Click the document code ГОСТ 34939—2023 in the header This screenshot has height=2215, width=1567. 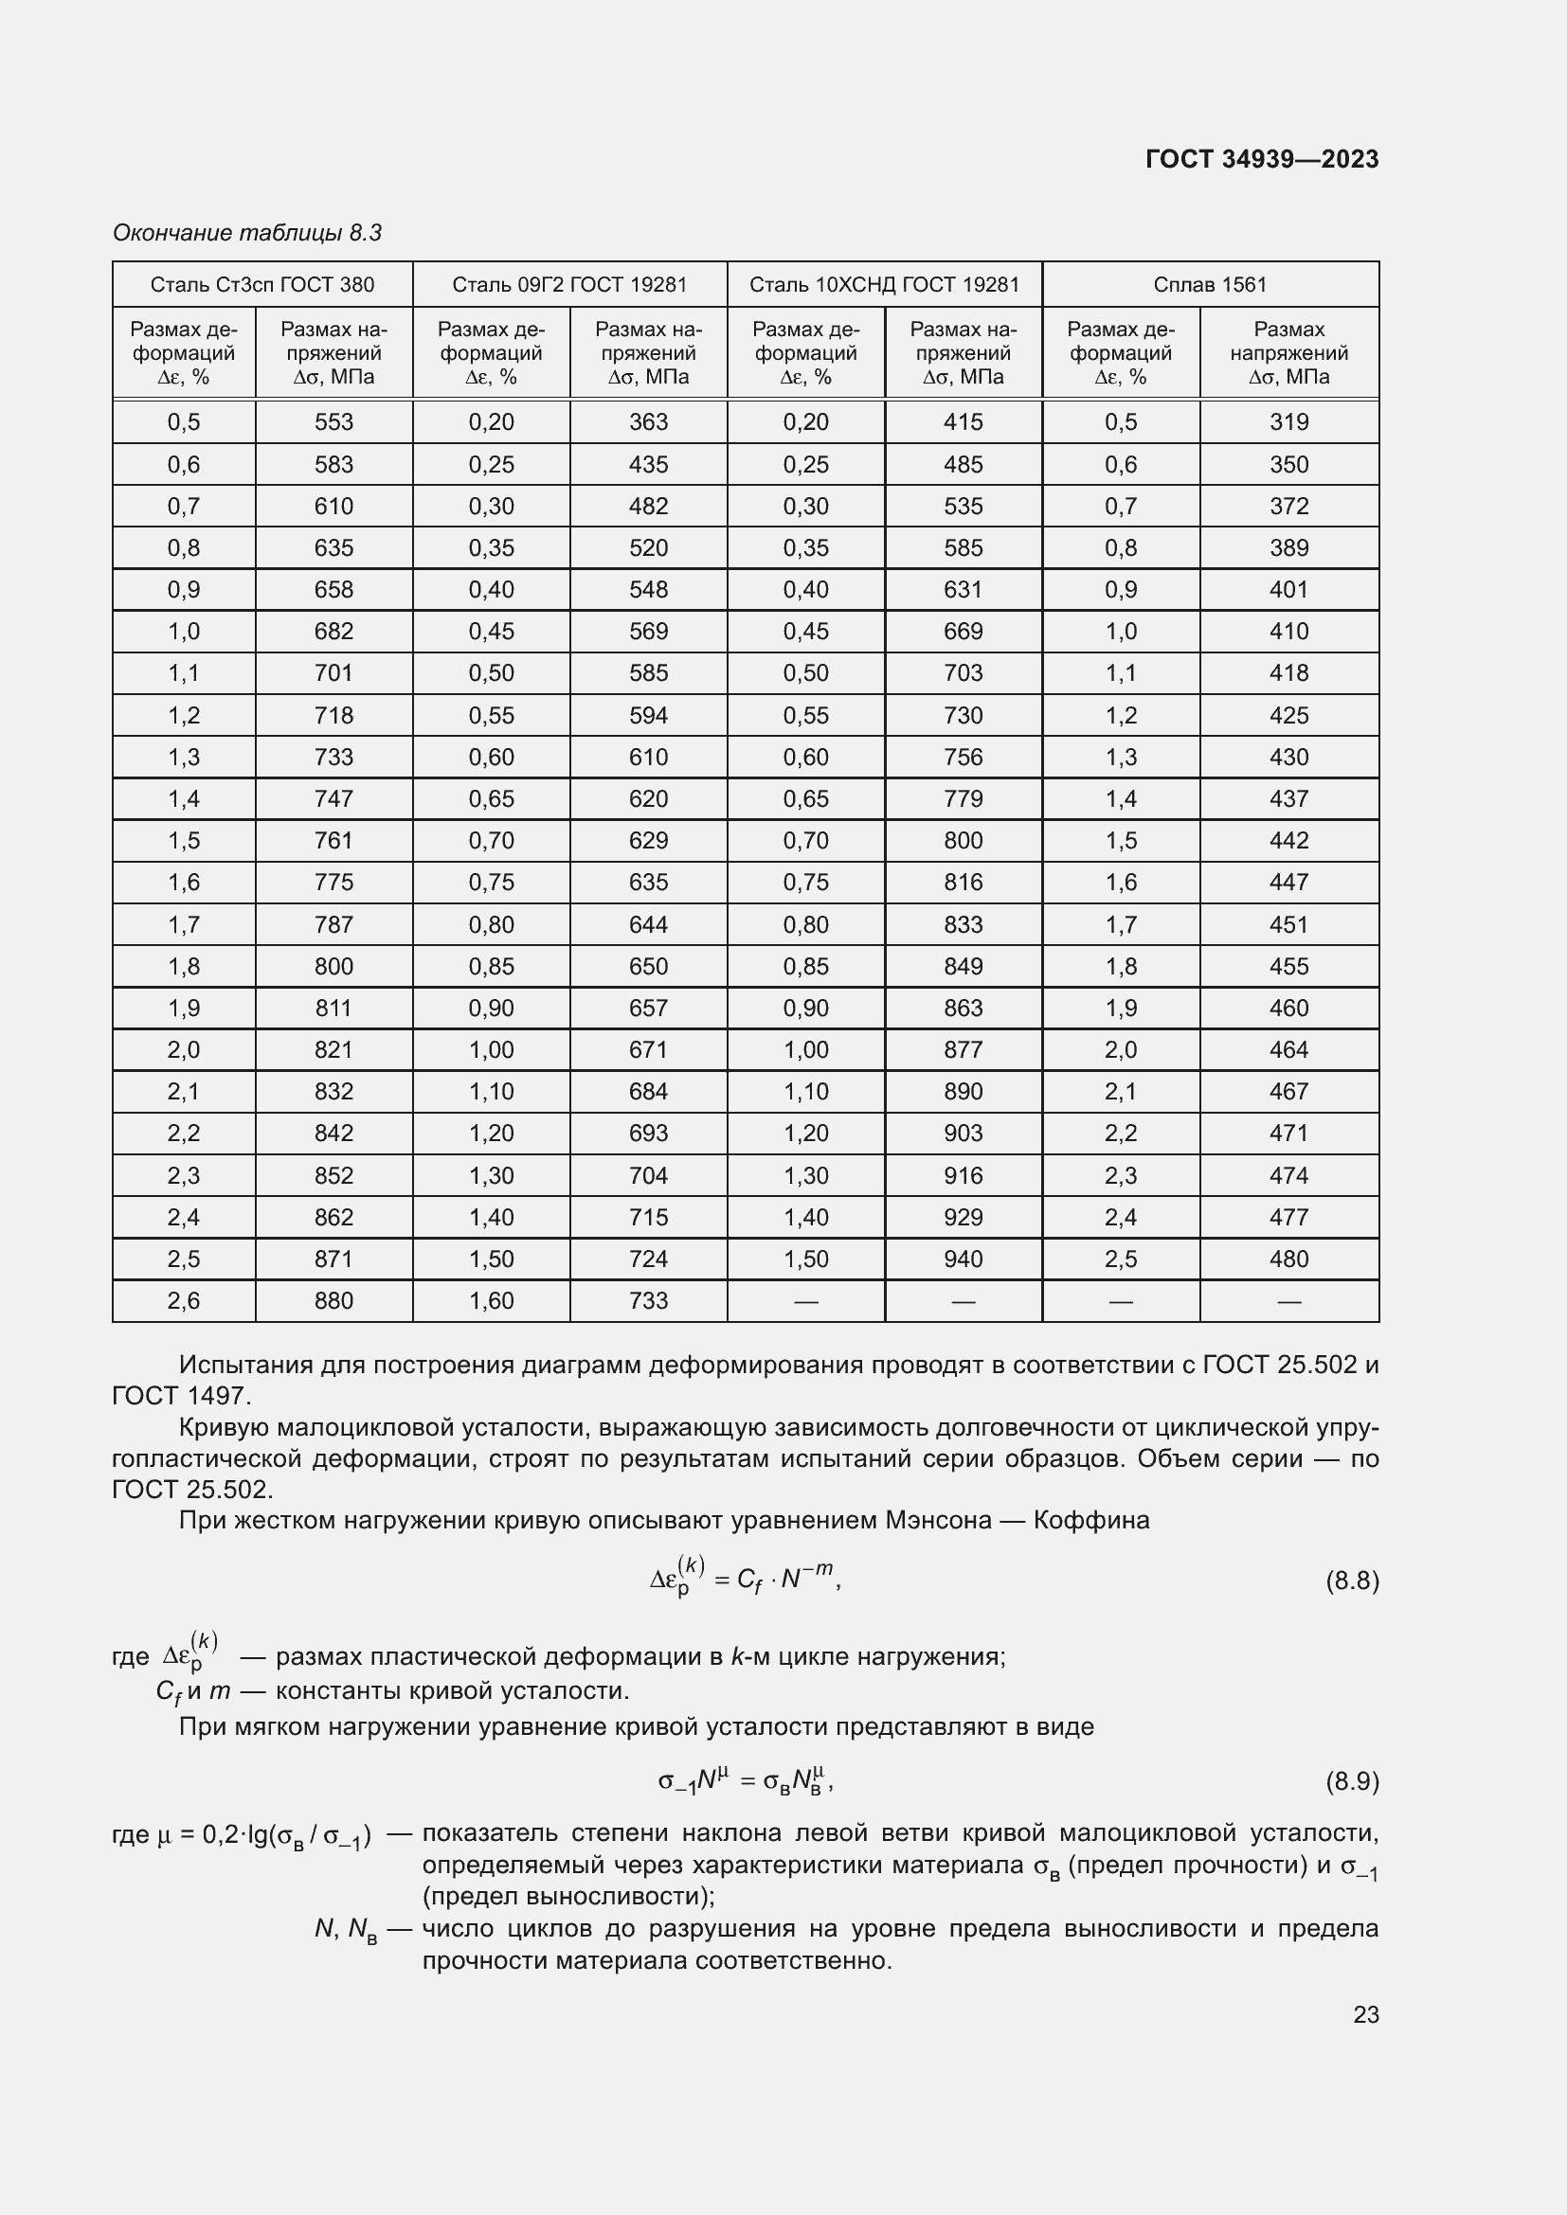(1261, 159)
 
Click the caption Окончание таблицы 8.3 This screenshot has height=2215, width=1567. (247, 233)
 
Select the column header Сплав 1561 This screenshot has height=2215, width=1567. (1209, 285)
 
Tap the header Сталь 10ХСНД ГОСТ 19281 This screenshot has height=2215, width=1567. (884, 285)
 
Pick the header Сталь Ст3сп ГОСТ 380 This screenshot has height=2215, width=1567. (261, 285)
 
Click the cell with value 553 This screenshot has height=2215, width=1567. (333, 421)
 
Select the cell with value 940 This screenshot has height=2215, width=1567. (962, 1259)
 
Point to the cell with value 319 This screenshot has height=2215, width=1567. (1288, 421)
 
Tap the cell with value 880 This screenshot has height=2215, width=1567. (333, 1300)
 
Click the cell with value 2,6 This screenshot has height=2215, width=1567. (184, 1300)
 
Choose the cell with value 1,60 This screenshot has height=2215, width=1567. (491, 1300)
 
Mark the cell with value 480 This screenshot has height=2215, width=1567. (1288, 1259)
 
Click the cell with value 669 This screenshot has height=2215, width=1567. (962, 631)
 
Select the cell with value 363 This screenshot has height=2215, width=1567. (647, 421)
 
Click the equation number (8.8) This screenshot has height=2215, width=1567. (1352, 1581)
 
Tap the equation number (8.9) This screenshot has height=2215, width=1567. (1352, 1781)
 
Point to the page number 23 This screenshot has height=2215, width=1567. (1365, 2014)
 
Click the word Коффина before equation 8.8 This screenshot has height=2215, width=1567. (1091, 1521)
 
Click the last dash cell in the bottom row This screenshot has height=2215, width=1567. (1288, 1301)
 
